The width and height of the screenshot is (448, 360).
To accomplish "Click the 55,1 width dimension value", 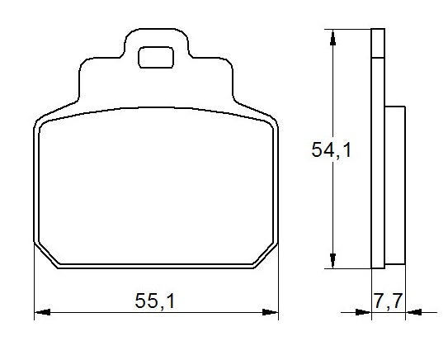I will tap(155, 301).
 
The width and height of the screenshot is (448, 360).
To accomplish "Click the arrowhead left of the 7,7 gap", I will tap(364, 313).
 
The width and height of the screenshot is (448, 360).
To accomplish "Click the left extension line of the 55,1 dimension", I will tap(34, 281).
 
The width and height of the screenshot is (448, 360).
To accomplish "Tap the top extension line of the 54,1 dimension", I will tap(351, 30).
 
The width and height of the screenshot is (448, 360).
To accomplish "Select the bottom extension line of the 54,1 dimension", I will tap(351, 268).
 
